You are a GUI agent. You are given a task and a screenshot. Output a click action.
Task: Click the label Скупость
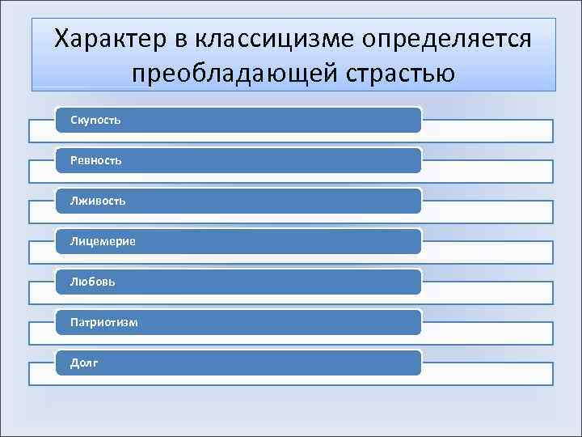[95, 121]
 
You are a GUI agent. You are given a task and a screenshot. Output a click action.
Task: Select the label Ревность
[95, 161]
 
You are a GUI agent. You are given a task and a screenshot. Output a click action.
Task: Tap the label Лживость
[97, 201]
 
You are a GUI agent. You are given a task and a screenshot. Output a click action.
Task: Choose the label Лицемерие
[103, 241]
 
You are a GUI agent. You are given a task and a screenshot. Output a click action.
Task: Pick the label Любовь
[92, 282]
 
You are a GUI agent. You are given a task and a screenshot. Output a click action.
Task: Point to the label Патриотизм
[103, 322]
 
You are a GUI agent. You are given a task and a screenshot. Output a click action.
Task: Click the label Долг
[84, 363]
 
